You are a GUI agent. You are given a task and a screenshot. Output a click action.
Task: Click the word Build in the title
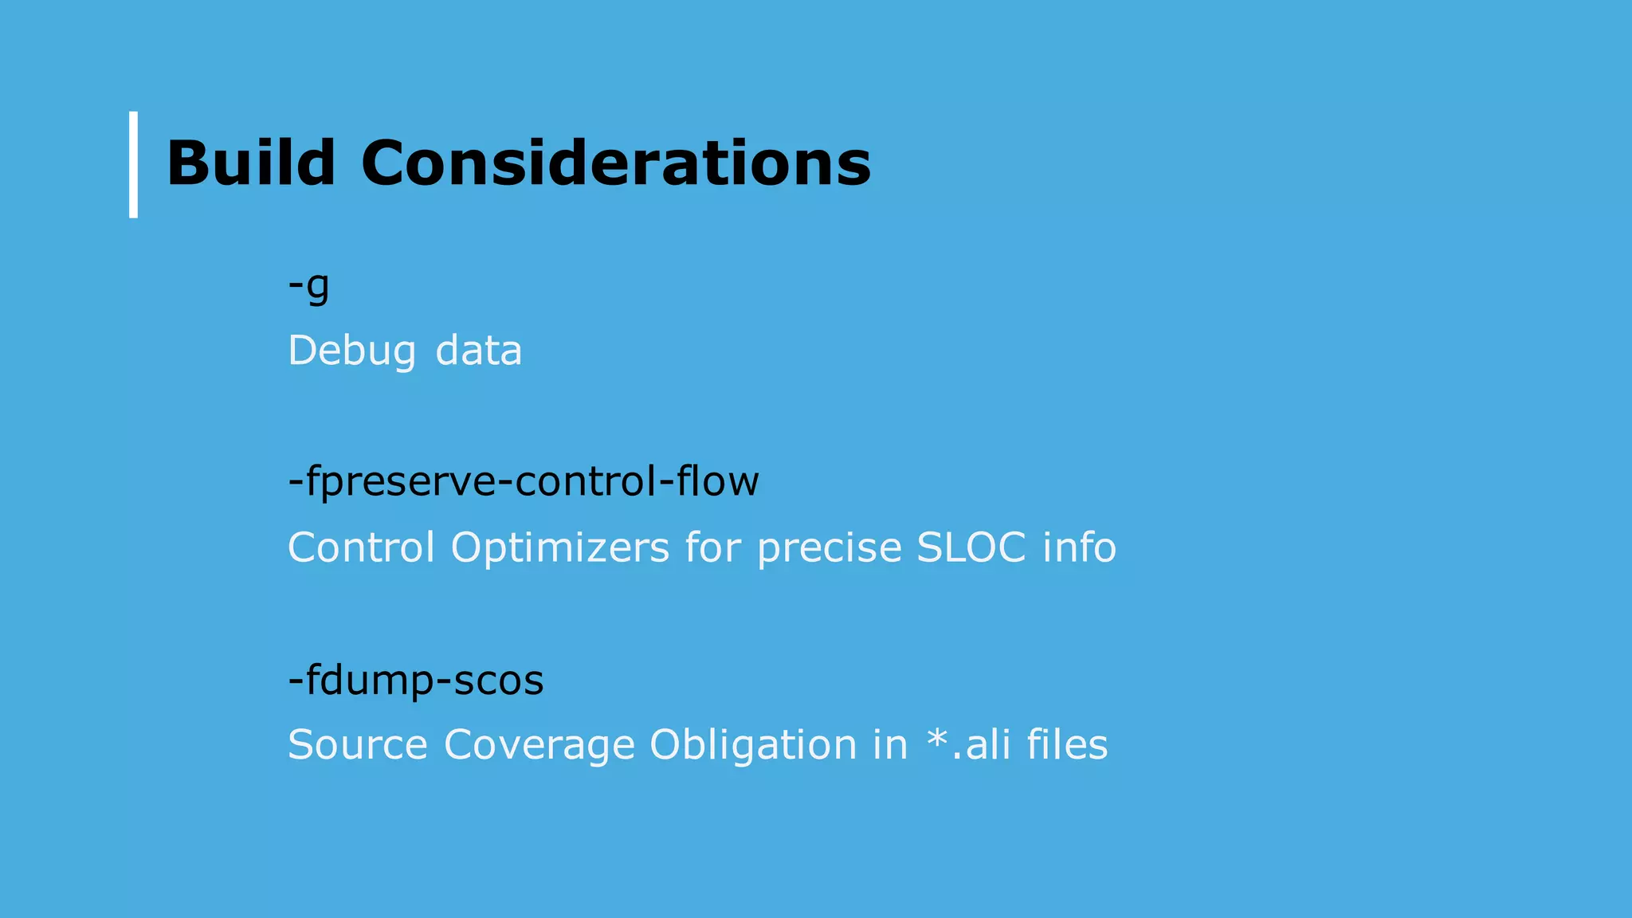click(x=250, y=163)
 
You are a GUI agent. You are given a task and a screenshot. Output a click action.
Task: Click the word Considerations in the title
click(x=616, y=163)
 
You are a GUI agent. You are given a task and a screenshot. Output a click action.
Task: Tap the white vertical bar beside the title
click(x=133, y=164)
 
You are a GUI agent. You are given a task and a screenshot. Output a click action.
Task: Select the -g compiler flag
click(x=308, y=286)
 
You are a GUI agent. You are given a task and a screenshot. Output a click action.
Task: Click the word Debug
click(x=351, y=351)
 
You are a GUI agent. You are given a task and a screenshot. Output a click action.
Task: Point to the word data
click(x=478, y=351)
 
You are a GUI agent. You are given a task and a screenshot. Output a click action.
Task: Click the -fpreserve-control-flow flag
click(x=524, y=481)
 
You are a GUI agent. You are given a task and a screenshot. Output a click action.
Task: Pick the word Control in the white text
click(x=361, y=547)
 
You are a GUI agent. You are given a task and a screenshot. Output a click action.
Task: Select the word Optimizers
click(x=559, y=547)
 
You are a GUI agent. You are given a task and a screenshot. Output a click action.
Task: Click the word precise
click(x=829, y=547)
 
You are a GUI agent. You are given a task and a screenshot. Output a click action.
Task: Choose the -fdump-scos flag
click(x=415, y=681)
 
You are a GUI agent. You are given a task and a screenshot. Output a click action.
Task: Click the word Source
click(x=357, y=745)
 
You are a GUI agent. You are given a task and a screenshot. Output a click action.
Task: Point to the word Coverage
click(x=539, y=745)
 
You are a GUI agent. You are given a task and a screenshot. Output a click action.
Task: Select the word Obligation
click(x=752, y=745)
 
